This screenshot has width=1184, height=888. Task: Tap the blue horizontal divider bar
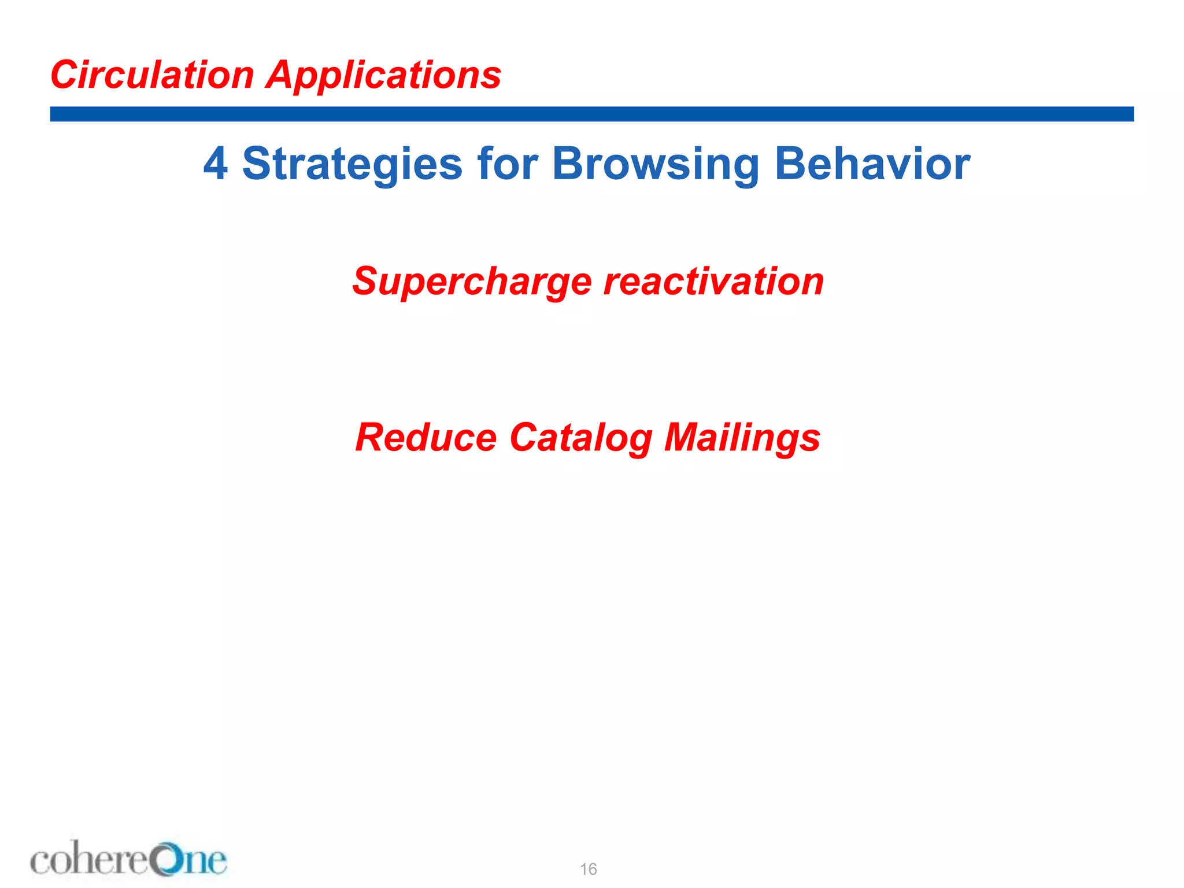pos(592,114)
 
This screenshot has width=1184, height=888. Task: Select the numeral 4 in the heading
pos(215,164)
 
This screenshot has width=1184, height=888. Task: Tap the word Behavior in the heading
pos(872,164)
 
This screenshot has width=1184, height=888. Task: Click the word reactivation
pos(714,281)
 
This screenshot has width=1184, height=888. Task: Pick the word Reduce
pos(426,437)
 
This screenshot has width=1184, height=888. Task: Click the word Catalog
pos(581,438)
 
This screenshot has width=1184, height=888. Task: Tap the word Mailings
pos(742,438)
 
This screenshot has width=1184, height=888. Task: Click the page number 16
pos(589,869)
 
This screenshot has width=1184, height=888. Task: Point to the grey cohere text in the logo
pos(90,860)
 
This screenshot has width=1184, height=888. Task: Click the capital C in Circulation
pos(65,75)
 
